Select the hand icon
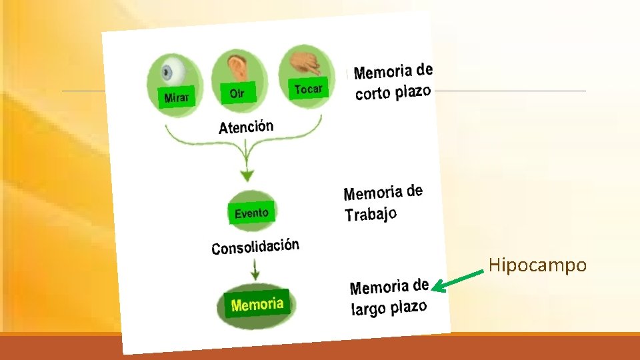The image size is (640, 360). pos(305,61)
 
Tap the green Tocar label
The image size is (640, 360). pos(308,89)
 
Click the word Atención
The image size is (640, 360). pos(246,126)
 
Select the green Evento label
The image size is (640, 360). pos(251,213)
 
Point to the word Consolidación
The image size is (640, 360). pos(255,247)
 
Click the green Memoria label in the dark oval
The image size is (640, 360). pos(257,305)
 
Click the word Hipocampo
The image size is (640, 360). pos(537,265)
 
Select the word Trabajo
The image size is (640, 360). pos(371,214)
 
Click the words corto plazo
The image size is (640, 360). pos(393,91)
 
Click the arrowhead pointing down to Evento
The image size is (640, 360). pos(247,176)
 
